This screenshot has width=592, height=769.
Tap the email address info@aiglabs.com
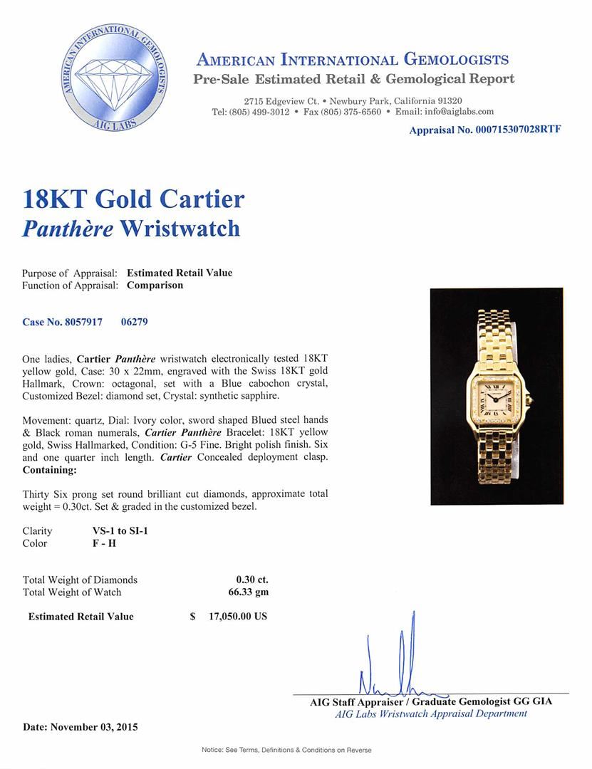click(x=464, y=112)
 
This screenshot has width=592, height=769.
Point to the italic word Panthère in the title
click(x=66, y=228)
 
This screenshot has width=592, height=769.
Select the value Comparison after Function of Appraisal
click(x=155, y=286)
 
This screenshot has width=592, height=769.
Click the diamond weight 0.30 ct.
click(x=252, y=580)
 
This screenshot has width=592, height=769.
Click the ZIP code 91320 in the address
click(x=447, y=101)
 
